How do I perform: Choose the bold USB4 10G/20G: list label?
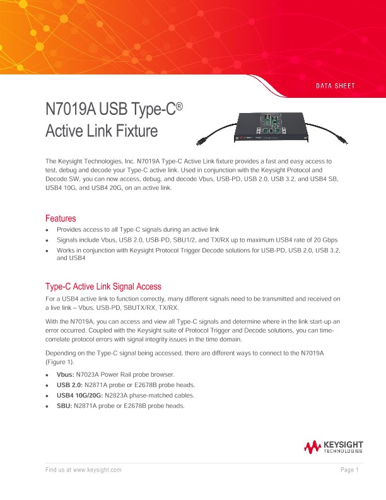(x=80, y=395)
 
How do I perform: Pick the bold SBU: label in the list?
(x=64, y=406)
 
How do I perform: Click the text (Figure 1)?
(x=62, y=362)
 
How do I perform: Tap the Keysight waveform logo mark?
(x=312, y=448)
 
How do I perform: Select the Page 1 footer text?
(x=349, y=470)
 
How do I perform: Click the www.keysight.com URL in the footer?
(x=97, y=470)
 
